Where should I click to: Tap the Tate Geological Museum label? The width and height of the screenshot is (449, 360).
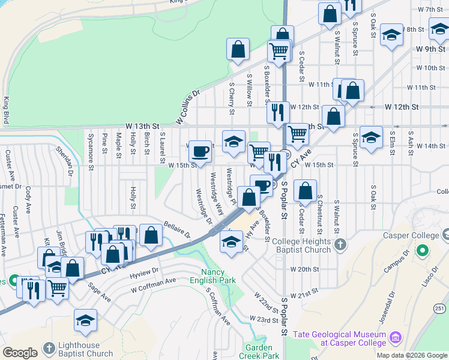pyautogui.click(x=339, y=338)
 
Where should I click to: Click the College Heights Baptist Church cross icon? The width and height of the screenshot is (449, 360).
pyautogui.click(x=340, y=244)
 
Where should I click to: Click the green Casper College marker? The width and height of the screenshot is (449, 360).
pyautogui.click(x=423, y=250)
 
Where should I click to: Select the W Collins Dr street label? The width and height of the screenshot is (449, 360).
pyautogui.click(x=187, y=108)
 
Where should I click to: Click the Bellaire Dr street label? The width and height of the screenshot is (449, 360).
pyautogui.click(x=176, y=228)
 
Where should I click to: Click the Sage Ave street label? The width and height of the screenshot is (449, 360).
pyautogui.click(x=100, y=293)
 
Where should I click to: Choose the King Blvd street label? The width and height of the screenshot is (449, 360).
pyautogui.click(x=6, y=110)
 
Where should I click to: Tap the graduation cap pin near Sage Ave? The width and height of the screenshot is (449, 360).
pyautogui.click(x=86, y=320)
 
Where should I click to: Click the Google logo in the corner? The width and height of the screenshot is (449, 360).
pyautogui.click(x=19, y=353)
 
